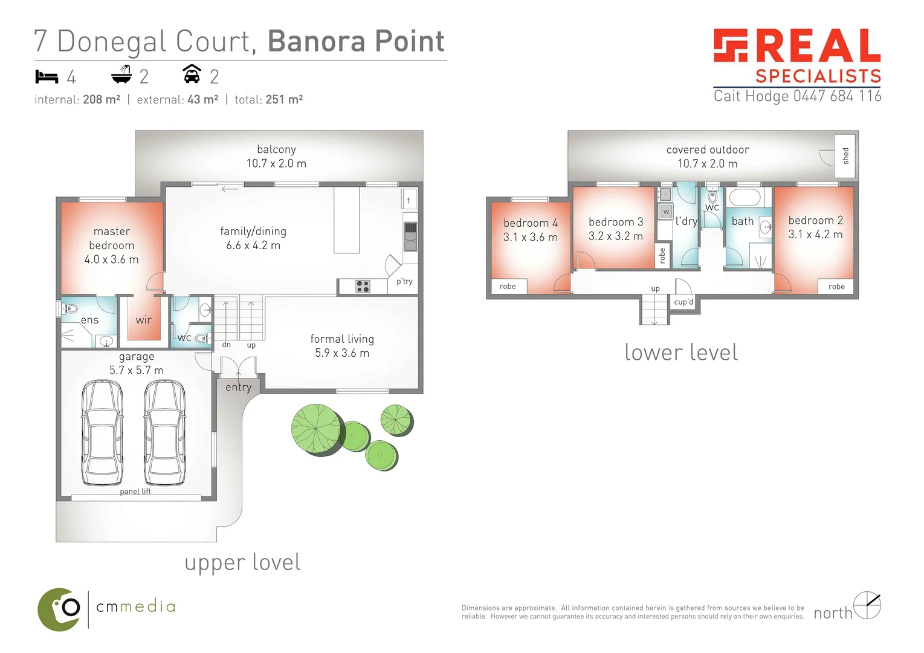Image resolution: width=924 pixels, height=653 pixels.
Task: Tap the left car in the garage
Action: [102, 432]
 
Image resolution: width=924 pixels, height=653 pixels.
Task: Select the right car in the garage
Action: [165, 432]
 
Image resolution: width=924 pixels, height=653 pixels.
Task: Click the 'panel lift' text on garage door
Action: [135, 492]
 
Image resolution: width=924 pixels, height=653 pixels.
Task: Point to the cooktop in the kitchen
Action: [363, 287]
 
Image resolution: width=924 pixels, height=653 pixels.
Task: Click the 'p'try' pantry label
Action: [404, 282]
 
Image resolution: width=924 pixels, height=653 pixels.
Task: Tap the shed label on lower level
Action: [845, 156]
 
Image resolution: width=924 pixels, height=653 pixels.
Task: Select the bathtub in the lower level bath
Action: [748, 198]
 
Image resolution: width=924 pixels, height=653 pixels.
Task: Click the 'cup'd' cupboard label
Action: [683, 302]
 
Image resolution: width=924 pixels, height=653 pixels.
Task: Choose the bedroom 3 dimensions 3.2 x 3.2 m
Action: [615, 236]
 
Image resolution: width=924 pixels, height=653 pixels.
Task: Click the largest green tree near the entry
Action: [317, 429]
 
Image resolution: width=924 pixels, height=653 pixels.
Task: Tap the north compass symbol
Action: [867, 605]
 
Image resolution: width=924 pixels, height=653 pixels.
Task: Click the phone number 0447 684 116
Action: [837, 96]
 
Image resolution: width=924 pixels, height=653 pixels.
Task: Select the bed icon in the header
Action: [47, 77]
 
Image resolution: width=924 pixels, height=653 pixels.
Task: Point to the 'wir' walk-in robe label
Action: [143, 320]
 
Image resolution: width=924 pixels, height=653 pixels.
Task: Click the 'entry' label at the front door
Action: [238, 388]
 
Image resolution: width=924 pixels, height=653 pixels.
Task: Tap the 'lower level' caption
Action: [680, 352]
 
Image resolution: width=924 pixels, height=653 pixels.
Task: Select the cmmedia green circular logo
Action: [59, 609]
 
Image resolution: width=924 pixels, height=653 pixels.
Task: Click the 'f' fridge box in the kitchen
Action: [409, 200]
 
